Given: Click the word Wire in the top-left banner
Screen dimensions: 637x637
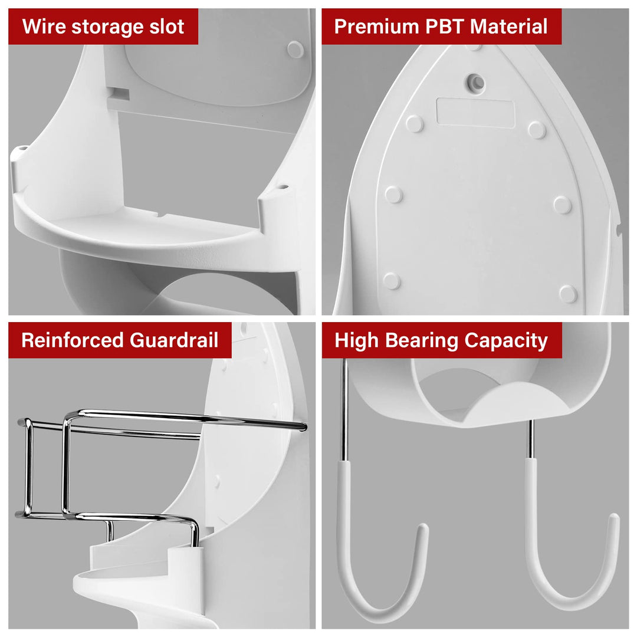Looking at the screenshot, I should (44, 27).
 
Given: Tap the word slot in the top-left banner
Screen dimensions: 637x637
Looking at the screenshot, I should (165, 27).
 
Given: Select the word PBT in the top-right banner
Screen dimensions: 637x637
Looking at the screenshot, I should (444, 27).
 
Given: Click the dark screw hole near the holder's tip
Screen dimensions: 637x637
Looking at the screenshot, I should (475, 81).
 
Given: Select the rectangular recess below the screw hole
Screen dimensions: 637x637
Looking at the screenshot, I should (475, 112).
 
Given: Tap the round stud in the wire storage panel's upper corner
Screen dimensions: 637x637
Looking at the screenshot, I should (295, 49).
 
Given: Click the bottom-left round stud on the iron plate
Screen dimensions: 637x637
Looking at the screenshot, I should (391, 281).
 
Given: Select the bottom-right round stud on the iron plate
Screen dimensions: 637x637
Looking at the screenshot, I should (568, 293).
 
